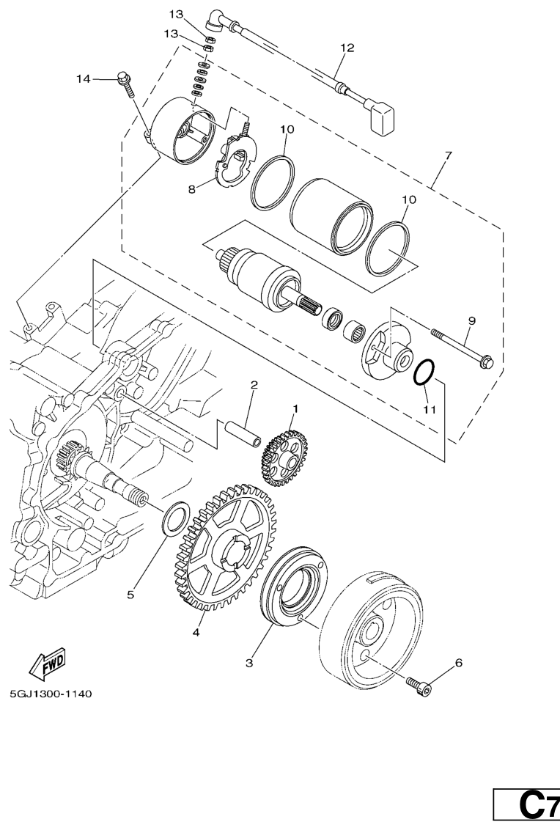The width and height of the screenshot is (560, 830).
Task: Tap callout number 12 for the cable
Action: click(347, 48)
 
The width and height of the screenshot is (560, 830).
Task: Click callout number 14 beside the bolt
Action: click(83, 79)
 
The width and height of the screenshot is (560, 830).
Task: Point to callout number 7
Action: click(448, 155)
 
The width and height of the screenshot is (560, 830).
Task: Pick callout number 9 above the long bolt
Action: click(471, 320)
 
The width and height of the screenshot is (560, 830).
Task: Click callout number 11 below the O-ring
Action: click(430, 409)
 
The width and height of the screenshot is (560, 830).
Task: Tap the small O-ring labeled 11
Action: click(424, 372)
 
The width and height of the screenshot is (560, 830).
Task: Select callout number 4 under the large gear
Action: click(196, 632)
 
